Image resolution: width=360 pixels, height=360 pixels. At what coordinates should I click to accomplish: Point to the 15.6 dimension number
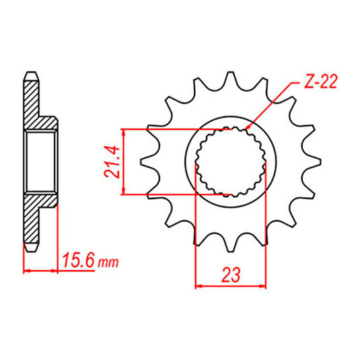click(x=76, y=258)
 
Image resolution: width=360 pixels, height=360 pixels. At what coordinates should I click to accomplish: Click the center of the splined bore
click(x=229, y=161)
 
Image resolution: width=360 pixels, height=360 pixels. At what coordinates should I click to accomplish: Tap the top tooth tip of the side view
click(x=30, y=75)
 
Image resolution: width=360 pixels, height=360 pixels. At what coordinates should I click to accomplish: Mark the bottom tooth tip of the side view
click(x=30, y=247)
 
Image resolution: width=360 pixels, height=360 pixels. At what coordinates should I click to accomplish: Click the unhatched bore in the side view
click(x=41, y=161)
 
